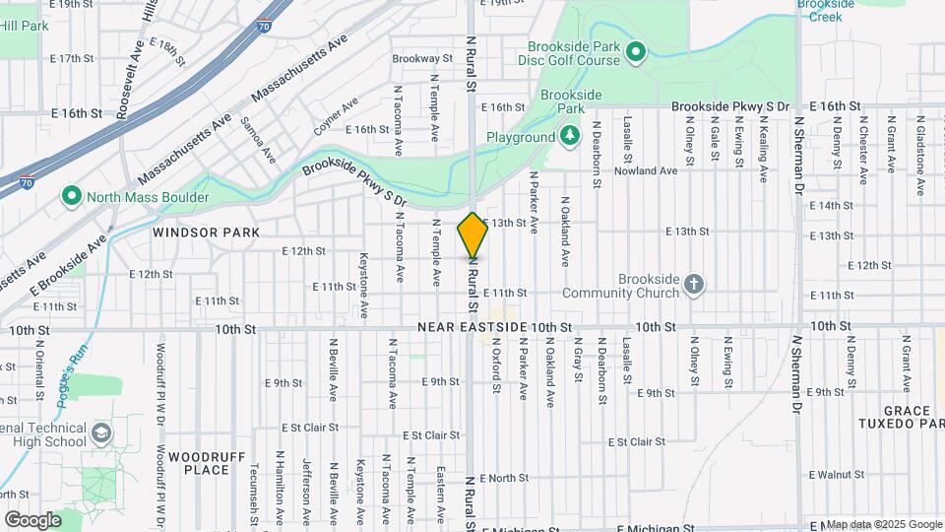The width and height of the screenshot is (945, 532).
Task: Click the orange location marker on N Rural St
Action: (472, 235)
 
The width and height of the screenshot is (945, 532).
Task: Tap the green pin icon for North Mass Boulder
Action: (71, 197)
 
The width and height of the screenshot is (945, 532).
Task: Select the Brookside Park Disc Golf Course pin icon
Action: (636, 51)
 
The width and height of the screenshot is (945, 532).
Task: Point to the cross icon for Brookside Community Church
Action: (694, 286)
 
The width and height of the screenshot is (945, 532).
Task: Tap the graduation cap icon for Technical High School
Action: (100, 433)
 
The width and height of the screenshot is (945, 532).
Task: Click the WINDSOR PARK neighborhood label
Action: (207, 233)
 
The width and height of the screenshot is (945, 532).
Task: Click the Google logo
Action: (32, 519)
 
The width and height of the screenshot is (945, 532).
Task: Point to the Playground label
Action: (521, 138)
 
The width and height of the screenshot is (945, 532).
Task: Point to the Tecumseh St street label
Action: (254, 491)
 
